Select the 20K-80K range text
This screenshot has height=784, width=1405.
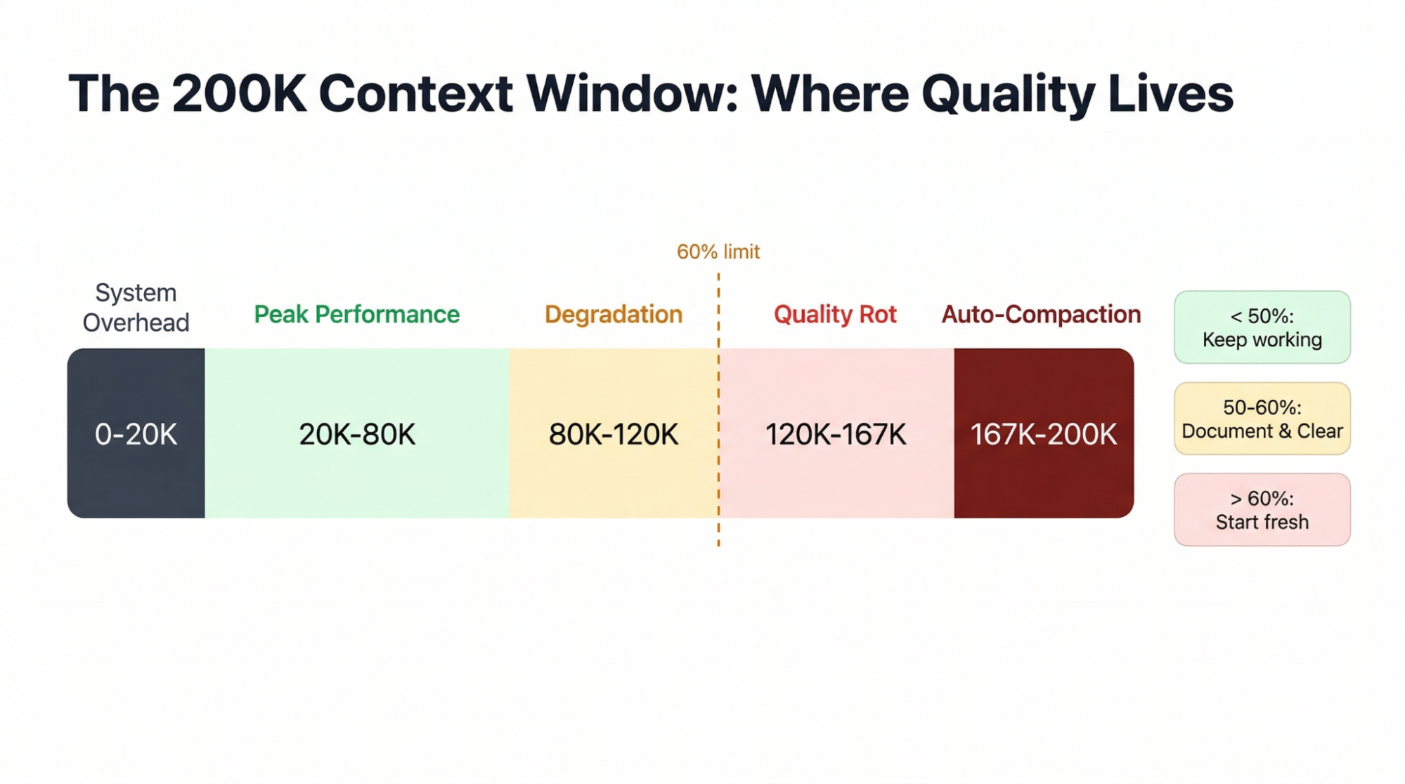(356, 434)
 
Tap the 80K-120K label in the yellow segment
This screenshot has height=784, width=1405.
(613, 434)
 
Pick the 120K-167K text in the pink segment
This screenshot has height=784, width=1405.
(835, 434)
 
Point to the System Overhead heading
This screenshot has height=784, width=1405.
(136, 308)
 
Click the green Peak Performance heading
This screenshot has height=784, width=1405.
(356, 314)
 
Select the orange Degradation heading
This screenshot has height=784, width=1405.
(613, 314)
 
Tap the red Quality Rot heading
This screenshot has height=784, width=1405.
(835, 314)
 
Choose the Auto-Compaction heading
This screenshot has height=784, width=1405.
(1041, 314)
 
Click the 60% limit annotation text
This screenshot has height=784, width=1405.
(718, 251)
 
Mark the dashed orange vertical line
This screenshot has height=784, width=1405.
(718, 534)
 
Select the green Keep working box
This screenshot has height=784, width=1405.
(1262, 327)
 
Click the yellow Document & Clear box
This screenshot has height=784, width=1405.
(1262, 419)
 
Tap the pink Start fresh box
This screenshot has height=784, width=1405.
(1262, 510)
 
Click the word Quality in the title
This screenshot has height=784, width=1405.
(1009, 94)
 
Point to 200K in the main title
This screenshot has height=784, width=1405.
(239, 93)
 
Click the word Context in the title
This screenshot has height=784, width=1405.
(415, 93)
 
